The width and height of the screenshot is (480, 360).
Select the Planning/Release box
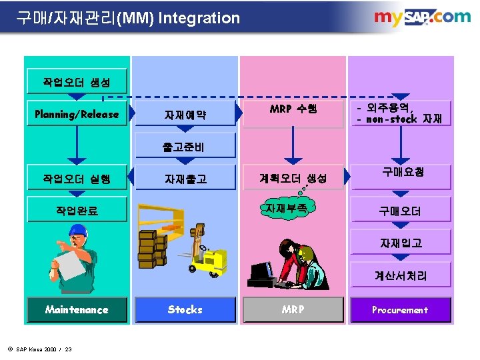[77, 114]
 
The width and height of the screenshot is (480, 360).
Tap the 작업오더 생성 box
[77, 83]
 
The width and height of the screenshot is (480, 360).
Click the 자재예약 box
[185, 115]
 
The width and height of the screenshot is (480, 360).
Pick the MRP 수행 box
[293, 109]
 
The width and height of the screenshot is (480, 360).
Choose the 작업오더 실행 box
[77, 178]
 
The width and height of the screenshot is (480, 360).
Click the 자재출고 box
[185, 179]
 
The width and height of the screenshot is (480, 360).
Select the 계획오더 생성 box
[293, 178]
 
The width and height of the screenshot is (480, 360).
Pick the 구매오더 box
[400, 211]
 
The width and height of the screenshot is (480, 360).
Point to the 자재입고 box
[400, 243]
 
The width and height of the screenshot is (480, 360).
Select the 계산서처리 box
[400, 275]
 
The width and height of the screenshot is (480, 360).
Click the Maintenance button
[77, 309]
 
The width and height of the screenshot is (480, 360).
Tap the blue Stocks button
[185, 309]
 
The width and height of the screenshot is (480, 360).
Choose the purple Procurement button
[400, 309]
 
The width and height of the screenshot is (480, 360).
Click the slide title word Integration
[198, 18]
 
